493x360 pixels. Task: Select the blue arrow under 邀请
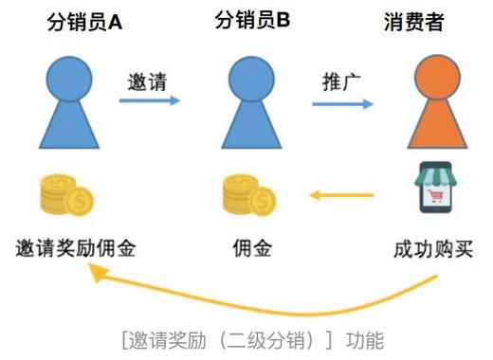[151, 99]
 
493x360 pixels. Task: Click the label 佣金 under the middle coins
[251, 249]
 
